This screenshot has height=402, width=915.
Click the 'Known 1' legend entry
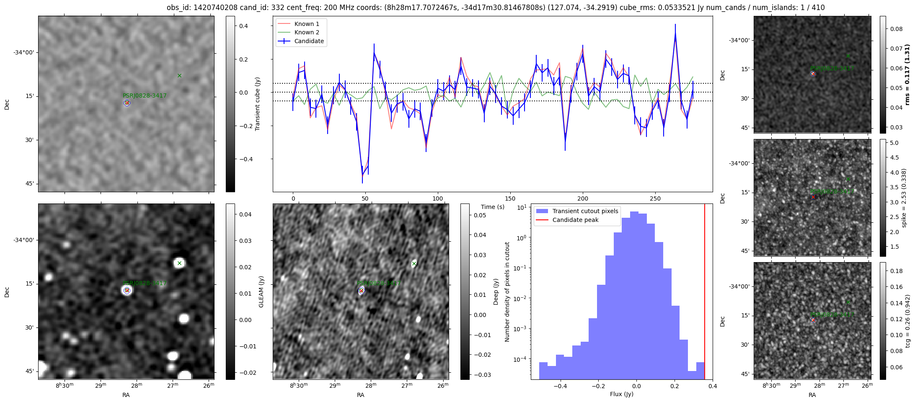307,24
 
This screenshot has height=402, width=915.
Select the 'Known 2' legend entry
307,32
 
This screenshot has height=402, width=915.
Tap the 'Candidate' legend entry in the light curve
309,41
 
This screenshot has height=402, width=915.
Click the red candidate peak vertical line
705,293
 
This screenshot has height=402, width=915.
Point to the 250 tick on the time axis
655,198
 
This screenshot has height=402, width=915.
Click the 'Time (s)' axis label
493,207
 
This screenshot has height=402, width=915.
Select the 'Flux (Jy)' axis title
622,394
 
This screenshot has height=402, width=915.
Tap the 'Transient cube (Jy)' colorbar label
258,104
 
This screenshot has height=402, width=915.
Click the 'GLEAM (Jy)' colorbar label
261,291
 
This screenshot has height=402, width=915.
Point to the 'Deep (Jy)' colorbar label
496,291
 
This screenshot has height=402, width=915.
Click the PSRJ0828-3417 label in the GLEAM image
145,283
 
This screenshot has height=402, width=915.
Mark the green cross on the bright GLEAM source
179,263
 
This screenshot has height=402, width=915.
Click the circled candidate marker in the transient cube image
127,103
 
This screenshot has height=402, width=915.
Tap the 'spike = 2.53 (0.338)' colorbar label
904,198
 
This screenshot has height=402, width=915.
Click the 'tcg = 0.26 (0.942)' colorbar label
907,321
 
